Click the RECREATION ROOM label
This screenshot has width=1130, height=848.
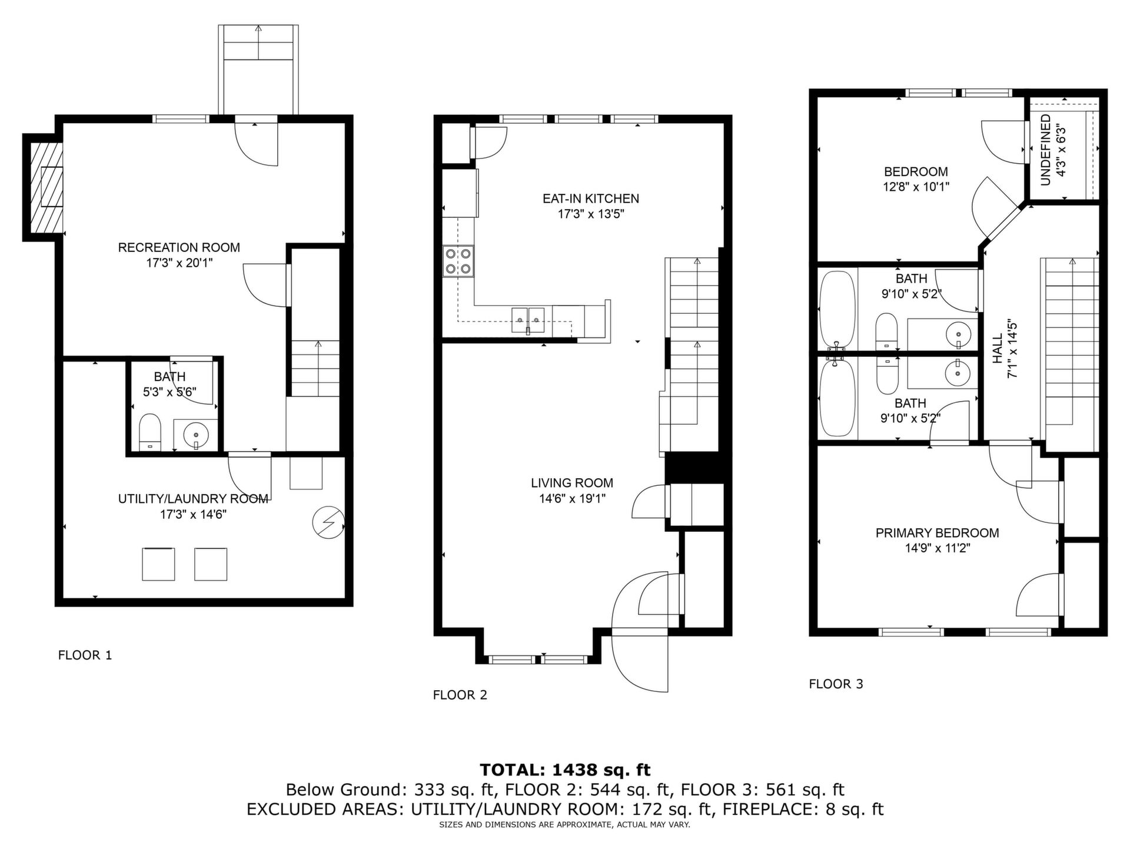pos(179,247)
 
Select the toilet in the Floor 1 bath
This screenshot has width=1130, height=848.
pos(150,432)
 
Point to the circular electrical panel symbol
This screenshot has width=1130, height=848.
pos(328,522)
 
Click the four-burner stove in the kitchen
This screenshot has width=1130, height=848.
pos(458,261)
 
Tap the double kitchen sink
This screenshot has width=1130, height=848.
pos(529,321)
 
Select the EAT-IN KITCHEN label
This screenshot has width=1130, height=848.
pos(591,198)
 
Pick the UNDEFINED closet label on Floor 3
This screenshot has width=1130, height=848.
pos(1046,150)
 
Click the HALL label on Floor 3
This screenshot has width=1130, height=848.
pos(998,349)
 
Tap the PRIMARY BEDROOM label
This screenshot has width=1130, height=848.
pos(938,533)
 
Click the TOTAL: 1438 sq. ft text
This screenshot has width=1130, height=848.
pos(565,770)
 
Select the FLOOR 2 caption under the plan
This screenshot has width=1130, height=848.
pos(460,695)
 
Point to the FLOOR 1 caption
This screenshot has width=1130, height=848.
pos(85,655)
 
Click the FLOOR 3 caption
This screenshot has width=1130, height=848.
pos(836,684)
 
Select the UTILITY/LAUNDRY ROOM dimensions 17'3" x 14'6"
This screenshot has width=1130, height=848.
pos(194,514)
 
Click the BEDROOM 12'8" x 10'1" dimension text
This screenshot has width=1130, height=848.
pos(916,187)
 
